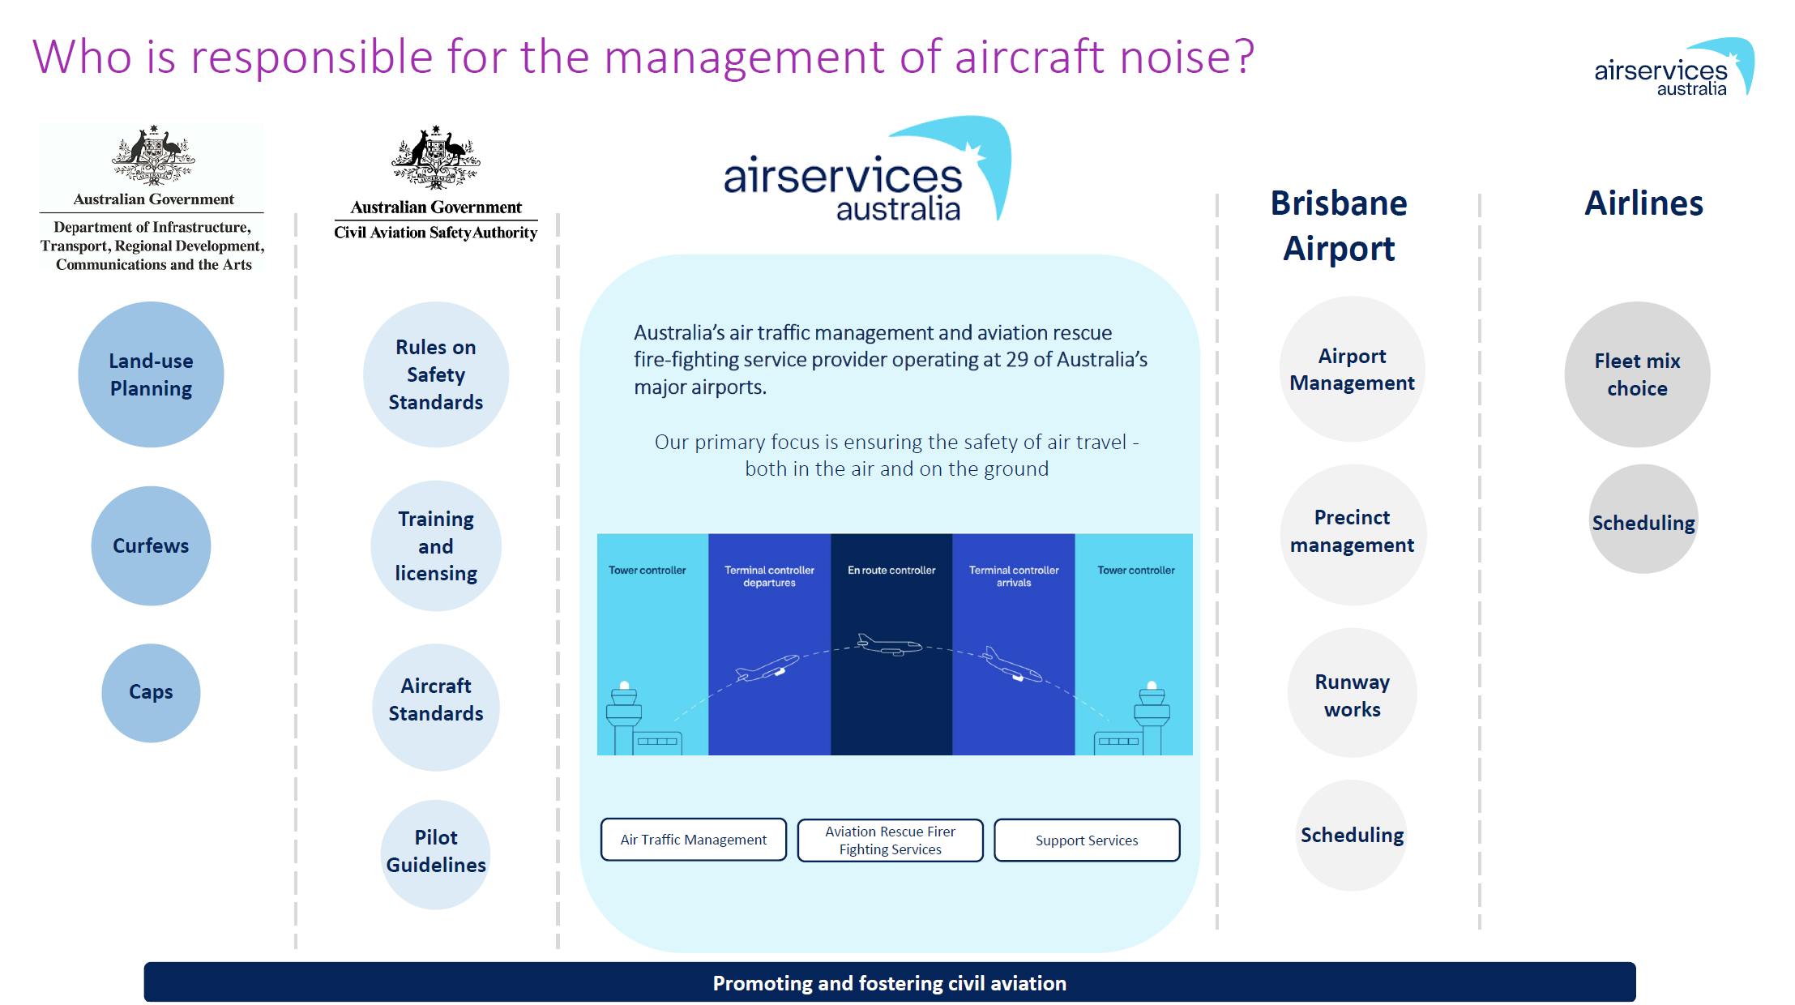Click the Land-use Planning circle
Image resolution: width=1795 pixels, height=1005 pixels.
tap(151, 374)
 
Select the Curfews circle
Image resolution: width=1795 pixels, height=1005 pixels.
tap(151, 545)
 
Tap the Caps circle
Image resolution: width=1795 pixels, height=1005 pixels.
tap(151, 692)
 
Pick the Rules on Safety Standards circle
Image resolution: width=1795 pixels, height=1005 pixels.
tap(436, 374)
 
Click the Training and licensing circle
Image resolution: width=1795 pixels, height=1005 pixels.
tap(436, 545)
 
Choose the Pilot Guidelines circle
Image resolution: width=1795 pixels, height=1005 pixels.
tap(436, 854)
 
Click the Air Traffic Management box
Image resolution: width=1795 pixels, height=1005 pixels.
tap(694, 840)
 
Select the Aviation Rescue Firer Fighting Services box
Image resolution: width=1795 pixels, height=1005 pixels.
tap(891, 840)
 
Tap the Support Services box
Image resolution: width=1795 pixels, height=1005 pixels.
tap(1087, 840)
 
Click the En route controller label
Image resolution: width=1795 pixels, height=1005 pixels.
tap(891, 570)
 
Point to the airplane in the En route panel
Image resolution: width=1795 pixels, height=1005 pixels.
tap(890, 645)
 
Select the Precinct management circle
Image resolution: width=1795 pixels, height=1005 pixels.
tap(1353, 533)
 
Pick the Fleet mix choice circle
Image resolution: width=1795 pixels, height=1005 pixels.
tap(1638, 374)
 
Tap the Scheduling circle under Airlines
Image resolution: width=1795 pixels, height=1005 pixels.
tap(1643, 519)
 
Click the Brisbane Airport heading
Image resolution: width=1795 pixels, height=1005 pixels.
tap(1339, 225)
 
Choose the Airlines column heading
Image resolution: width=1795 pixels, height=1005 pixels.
tap(1644, 203)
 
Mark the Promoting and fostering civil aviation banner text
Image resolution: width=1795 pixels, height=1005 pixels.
tap(890, 983)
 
